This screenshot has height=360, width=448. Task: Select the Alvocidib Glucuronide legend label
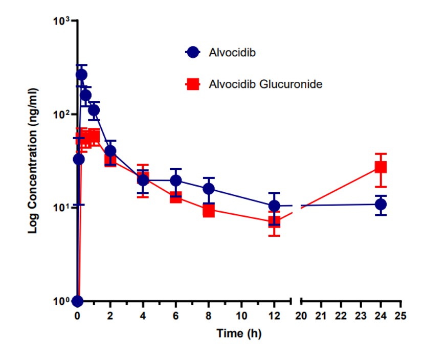(265, 84)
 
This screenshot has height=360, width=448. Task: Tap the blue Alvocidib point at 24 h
(380, 205)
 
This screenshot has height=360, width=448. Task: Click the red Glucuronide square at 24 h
(380, 167)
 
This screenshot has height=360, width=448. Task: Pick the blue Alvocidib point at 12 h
(275, 206)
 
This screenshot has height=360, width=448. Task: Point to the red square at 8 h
(209, 210)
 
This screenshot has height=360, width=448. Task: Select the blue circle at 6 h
(176, 181)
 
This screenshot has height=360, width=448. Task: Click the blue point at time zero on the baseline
(78, 301)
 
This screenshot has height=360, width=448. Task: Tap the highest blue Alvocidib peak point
(81, 75)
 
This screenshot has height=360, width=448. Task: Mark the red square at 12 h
(275, 222)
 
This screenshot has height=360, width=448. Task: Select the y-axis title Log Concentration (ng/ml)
(33, 160)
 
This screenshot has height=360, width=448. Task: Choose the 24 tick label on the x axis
(380, 316)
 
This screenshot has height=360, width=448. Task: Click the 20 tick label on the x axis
(301, 316)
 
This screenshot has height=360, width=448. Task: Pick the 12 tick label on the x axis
(275, 316)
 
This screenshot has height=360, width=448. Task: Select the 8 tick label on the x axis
(209, 316)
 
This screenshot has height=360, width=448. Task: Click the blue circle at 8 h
(209, 189)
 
